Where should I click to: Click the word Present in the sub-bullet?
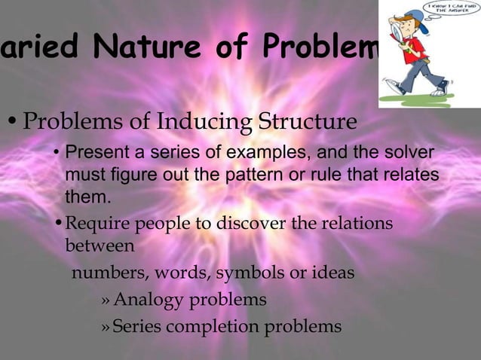point(94,154)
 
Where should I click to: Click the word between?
point(100,246)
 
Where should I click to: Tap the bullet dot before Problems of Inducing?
point(12,122)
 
